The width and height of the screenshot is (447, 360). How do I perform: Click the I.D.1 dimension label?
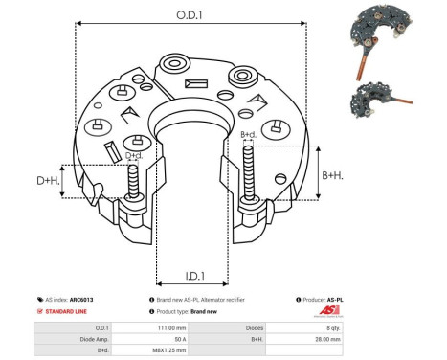[190, 277]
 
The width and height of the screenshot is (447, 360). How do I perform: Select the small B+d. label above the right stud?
[248, 135]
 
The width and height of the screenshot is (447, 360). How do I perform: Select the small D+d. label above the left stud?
[134, 155]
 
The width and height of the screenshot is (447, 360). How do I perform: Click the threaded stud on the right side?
[252, 172]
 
